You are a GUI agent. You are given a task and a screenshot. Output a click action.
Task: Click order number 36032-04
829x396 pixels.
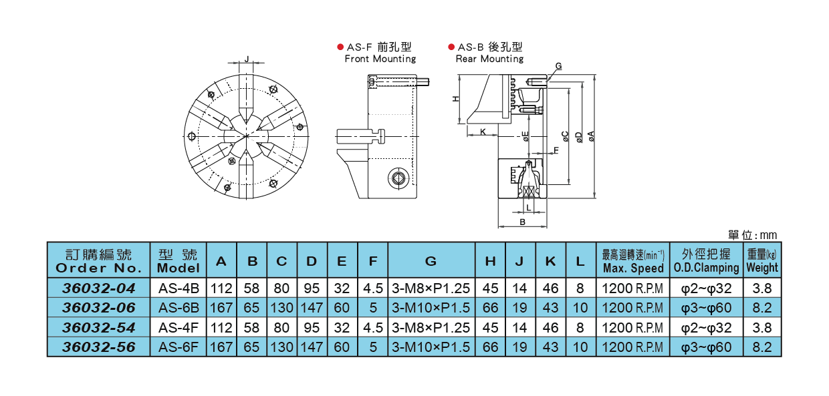pos(98,288)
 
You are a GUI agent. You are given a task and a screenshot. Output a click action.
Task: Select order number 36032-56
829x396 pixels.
pos(98,347)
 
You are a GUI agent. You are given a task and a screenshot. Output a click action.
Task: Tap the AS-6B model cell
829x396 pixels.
pos(179,308)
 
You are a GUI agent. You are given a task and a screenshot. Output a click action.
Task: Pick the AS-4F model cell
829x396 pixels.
pos(179,328)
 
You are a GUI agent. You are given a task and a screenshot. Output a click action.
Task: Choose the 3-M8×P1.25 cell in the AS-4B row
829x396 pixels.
pos(431,288)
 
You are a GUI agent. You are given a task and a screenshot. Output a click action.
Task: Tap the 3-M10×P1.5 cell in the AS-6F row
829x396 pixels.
pos(431,347)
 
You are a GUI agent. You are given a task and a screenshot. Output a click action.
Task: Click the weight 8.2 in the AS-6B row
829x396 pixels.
pos(762,308)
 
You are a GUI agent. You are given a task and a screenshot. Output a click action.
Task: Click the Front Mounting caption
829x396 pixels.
pos(380,59)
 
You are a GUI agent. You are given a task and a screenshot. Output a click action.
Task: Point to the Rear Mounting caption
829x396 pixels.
pos(489,59)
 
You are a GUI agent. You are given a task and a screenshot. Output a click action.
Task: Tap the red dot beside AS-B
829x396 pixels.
pos(451,47)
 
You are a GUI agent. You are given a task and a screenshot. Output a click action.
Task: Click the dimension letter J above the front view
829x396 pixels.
pos(247,59)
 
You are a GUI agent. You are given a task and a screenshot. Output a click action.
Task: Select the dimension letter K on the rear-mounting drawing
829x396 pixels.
pos(483,132)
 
